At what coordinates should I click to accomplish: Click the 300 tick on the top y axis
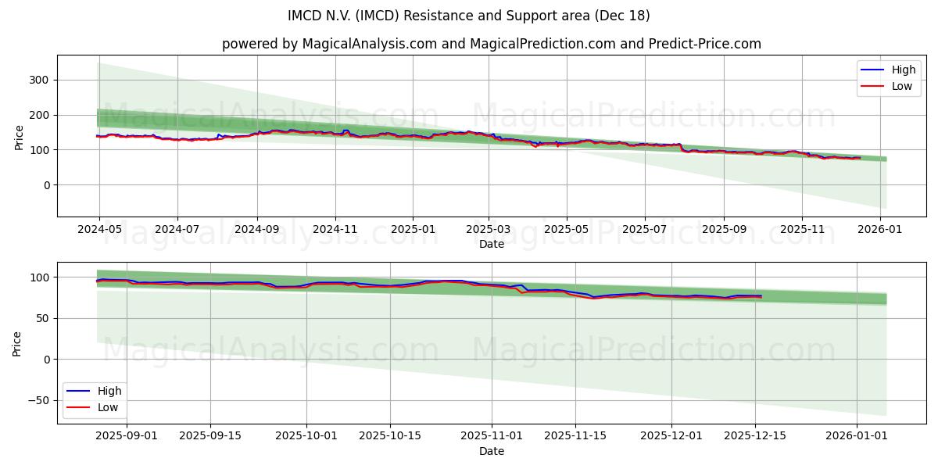click(x=40, y=80)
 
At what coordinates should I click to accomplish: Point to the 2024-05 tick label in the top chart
click(x=99, y=230)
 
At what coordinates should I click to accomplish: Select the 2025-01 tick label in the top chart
click(x=412, y=230)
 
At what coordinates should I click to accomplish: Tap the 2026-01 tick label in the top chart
click(x=881, y=230)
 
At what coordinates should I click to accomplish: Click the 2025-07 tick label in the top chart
click(x=644, y=230)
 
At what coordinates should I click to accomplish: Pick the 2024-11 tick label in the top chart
click(x=335, y=230)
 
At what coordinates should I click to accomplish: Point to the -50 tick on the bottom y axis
click(x=37, y=400)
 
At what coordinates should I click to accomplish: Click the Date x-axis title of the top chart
click(x=492, y=244)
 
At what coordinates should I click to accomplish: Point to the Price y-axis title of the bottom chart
click(x=17, y=343)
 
